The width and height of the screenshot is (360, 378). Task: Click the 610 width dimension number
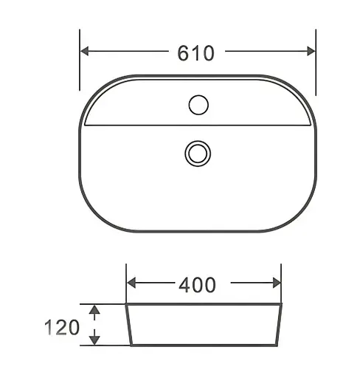pyautogui.click(x=195, y=53)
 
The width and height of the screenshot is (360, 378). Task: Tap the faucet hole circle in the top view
pyautogui.click(x=198, y=106)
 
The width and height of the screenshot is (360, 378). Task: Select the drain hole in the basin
pyautogui.click(x=198, y=153)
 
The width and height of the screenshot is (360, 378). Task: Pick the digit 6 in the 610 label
pyautogui.click(x=183, y=53)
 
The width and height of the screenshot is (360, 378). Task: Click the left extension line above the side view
pyautogui.click(x=126, y=284)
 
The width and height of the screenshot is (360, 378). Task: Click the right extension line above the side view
pyautogui.click(x=282, y=284)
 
